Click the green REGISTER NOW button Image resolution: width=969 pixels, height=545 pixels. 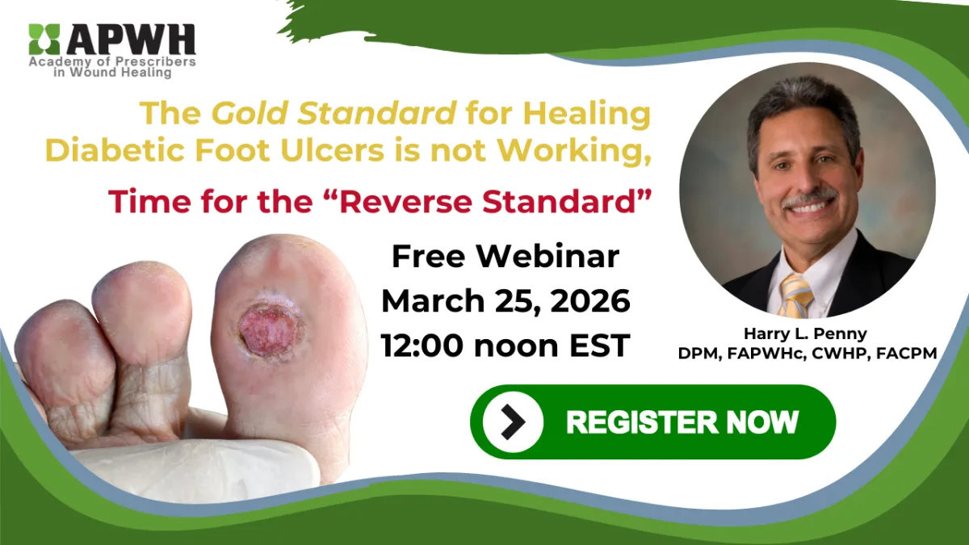point(652,421)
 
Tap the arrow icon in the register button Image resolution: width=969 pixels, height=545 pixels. point(512,421)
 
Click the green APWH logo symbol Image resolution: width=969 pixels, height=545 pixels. point(44,40)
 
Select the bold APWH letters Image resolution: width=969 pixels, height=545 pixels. point(132,39)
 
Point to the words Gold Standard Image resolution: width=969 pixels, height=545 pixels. point(333,114)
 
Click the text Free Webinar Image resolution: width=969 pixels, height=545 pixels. point(505,257)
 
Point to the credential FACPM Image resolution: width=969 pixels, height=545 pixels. point(903,352)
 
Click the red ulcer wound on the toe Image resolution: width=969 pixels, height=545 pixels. point(266,328)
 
